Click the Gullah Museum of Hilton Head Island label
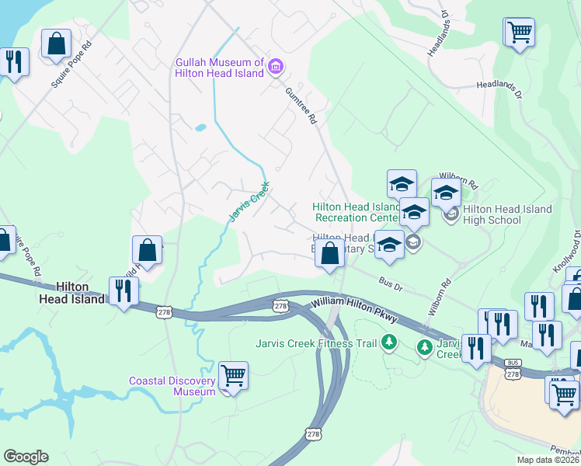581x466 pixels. [x=221, y=68]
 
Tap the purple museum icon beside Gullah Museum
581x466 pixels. [x=275, y=68]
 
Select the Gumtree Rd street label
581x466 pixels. [x=302, y=106]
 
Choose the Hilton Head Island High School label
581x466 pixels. [x=506, y=214]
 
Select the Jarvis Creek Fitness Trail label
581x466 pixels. [x=316, y=343]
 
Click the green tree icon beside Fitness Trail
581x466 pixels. [x=389, y=343]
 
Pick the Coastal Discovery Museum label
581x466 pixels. [x=172, y=386]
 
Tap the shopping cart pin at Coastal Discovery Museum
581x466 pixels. [x=233, y=375]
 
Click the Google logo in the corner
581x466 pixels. [x=26, y=457]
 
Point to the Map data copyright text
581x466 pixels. [x=548, y=460]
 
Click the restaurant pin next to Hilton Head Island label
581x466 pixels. [x=124, y=290]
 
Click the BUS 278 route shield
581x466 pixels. [x=512, y=369]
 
